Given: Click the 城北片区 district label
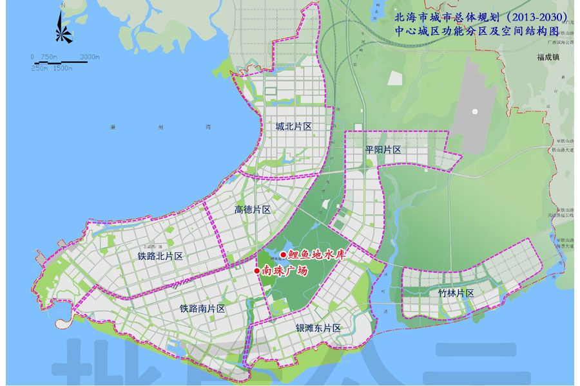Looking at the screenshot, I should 293,127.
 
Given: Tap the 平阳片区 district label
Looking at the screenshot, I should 383,150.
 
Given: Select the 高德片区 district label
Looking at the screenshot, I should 252,210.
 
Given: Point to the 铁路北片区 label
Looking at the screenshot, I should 160,256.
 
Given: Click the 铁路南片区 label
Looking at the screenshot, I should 202,309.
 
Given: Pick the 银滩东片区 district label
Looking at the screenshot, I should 318,328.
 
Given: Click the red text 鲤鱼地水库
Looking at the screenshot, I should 318,255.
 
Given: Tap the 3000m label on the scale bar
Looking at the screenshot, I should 90,57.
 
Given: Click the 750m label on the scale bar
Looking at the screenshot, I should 49,57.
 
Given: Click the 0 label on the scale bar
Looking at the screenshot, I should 32,57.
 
